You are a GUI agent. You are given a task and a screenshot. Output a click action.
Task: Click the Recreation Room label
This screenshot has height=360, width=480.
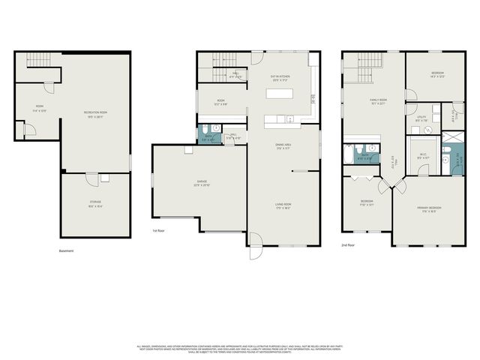click(x=94, y=113)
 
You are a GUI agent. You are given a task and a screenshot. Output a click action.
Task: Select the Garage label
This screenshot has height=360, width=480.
click(x=202, y=184)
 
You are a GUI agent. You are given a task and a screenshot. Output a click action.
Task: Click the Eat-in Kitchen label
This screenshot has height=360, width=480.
click(x=280, y=76)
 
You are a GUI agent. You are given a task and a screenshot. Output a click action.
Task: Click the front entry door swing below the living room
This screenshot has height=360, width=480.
click(x=255, y=241)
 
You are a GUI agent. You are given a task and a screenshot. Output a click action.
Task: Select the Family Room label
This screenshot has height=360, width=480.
click(x=377, y=101)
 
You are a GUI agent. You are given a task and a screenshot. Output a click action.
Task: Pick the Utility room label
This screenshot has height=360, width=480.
click(x=421, y=118)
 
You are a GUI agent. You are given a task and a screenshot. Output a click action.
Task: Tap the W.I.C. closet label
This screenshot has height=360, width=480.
click(x=424, y=156)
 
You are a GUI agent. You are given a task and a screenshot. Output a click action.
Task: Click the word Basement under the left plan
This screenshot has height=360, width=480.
click(x=66, y=250)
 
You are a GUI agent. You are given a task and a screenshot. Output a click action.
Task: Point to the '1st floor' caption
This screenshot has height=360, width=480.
click(x=158, y=231)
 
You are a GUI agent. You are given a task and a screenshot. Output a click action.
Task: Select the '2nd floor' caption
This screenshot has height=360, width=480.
click(x=348, y=244)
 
